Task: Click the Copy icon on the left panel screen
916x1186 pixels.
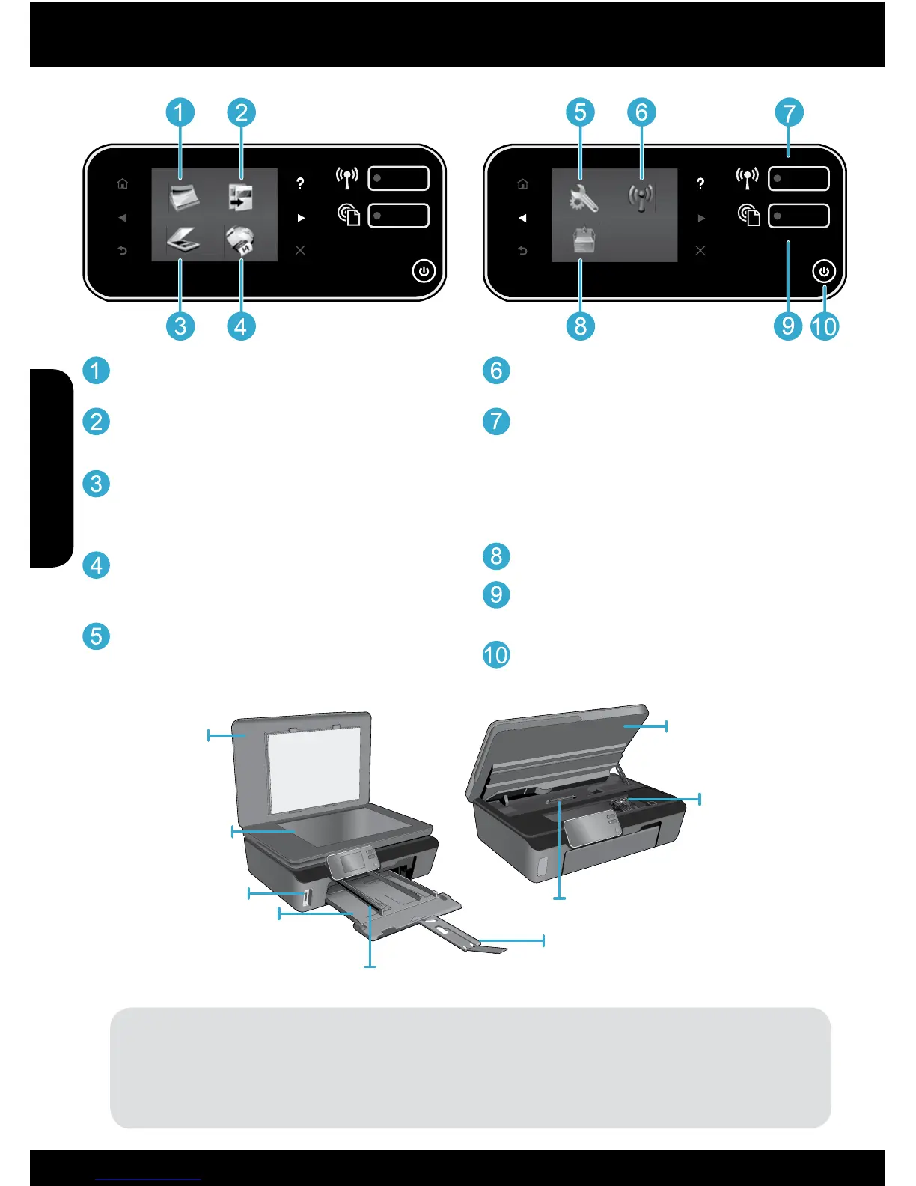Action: pyautogui.click(x=240, y=197)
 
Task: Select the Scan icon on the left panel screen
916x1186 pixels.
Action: pyautogui.click(x=183, y=240)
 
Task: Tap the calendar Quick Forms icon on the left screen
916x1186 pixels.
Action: pyautogui.click(x=241, y=241)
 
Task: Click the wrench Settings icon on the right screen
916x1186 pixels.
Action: pyautogui.click(x=582, y=198)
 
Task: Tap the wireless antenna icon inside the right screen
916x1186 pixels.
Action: pyautogui.click(x=641, y=198)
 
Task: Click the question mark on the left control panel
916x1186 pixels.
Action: pyautogui.click(x=300, y=183)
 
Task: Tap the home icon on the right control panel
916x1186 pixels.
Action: pyautogui.click(x=522, y=183)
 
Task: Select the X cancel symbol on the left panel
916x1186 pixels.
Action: pyautogui.click(x=300, y=250)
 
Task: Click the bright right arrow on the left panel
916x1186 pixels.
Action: pyautogui.click(x=301, y=218)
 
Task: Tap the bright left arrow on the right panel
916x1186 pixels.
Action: pyautogui.click(x=522, y=218)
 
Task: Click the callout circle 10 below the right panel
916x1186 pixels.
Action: pyautogui.click(x=824, y=326)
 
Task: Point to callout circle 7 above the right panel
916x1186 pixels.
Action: pyautogui.click(x=789, y=113)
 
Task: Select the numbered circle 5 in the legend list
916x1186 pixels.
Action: pyautogui.click(x=96, y=636)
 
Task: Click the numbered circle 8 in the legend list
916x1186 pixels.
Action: pyautogui.click(x=495, y=556)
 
